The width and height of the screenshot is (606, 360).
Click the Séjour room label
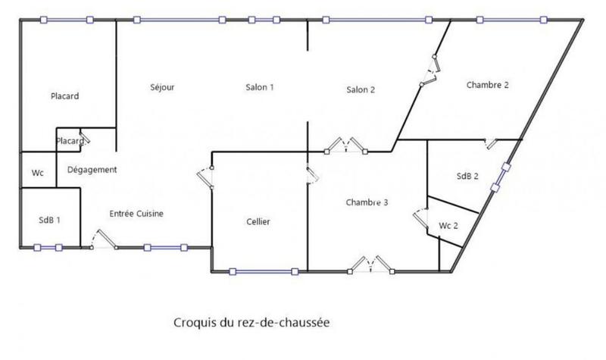162,87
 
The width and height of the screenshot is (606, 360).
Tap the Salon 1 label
259,87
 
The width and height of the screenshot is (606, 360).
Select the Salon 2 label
361,90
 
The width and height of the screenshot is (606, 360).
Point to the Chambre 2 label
487,85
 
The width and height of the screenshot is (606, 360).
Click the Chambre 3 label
367,202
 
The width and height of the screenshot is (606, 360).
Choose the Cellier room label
258,221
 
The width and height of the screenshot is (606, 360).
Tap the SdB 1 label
49,220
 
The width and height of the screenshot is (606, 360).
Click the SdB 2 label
468,176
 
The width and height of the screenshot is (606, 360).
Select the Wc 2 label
449,226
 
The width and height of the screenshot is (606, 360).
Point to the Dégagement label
92,169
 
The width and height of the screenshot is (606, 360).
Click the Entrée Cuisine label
136,214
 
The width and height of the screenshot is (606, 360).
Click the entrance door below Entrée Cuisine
102,242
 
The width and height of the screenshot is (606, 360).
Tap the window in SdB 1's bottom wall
48,247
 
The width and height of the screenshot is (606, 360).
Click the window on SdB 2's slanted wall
499,179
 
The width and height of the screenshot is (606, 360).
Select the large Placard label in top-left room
65,96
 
